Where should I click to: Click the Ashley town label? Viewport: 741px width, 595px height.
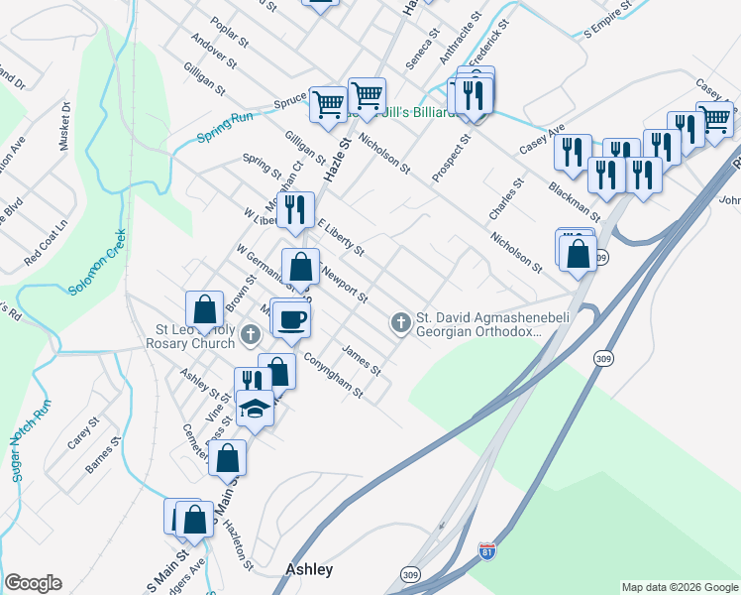point(309,570)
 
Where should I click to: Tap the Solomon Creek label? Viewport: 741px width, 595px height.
point(97,262)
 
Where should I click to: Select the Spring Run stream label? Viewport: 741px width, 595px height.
point(226,126)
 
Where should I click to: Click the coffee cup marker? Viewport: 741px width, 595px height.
point(292,319)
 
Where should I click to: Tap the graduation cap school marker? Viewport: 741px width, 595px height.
point(256,409)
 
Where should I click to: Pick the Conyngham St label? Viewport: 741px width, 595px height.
point(334,377)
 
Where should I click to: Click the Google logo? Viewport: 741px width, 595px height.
point(33,583)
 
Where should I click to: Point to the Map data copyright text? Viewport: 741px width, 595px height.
point(679,587)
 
